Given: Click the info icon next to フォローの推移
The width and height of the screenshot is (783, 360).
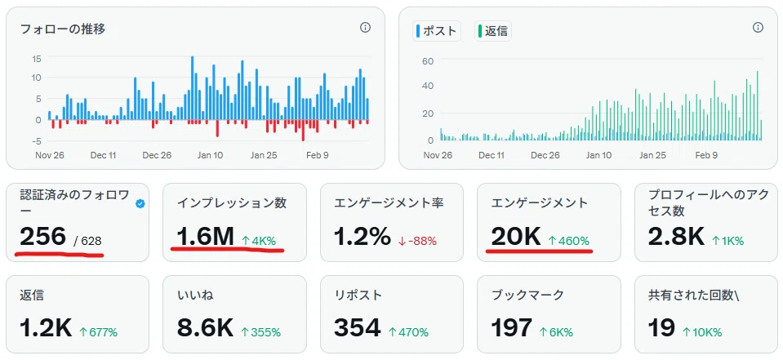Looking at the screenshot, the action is pyautogui.click(x=365, y=28).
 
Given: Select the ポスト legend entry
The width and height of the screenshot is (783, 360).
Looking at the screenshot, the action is pyautogui.click(x=437, y=31).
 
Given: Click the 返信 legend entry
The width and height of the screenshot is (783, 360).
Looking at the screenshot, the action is pyautogui.click(x=493, y=31).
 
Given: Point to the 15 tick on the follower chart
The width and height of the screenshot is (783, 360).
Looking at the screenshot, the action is pyautogui.click(x=36, y=59).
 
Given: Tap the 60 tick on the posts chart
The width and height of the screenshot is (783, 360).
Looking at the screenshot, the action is pyautogui.click(x=428, y=61).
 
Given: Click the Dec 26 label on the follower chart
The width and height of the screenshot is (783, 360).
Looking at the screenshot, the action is pyautogui.click(x=157, y=155).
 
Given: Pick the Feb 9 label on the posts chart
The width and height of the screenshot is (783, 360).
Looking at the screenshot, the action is pyautogui.click(x=706, y=155).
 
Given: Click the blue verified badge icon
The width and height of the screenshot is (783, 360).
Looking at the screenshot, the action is pyautogui.click(x=140, y=204).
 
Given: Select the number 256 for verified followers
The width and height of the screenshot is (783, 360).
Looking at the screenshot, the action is pyautogui.click(x=43, y=236).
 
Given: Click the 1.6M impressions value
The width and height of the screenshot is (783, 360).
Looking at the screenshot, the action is pyautogui.click(x=205, y=236).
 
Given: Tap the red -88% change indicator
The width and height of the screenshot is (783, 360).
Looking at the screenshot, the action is pyautogui.click(x=417, y=241).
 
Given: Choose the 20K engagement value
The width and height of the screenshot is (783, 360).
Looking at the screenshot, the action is pyautogui.click(x=516, y=236).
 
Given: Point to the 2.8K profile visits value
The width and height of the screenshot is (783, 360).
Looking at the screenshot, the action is pyautogui.click(x=676, y=236).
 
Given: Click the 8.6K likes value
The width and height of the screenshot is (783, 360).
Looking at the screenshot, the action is pyautogui.click(x=205, y=328).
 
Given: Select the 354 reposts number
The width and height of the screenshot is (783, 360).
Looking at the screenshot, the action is pyautogui.click(x=358, y=328).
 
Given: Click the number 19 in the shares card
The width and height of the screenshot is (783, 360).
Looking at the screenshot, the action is pyautogui.click(x=661, y=328).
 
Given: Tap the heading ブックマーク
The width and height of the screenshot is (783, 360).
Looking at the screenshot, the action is pyautogui.click(x=527, y=295).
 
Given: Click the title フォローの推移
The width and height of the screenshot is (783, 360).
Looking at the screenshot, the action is pyautogui.click(x=62, y=29).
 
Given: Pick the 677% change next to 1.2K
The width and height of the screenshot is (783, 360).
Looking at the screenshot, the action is pyautogui.click(x=98, y=332).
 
